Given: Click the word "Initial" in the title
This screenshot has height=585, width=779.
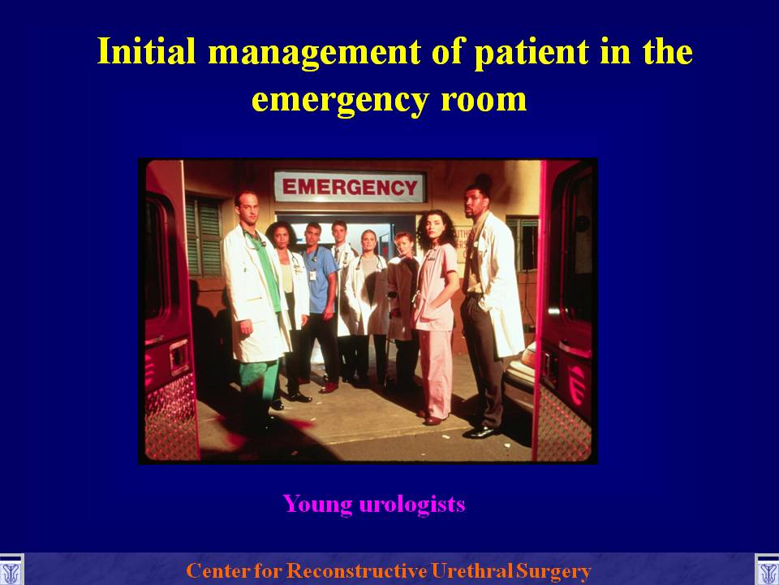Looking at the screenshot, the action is click(x=147, y=50).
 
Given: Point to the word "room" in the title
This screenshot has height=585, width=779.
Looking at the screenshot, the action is click(x=484, y=99).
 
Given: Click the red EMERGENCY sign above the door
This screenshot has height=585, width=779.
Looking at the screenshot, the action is click(x=350, y=187).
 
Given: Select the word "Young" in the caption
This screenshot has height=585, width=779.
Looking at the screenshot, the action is click(x=317, y=505).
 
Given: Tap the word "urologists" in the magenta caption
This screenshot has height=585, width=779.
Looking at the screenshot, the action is click(x=412, y=504).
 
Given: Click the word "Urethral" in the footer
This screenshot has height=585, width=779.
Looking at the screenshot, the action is click(x=471, y=570).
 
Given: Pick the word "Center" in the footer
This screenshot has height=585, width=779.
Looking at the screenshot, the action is click(x=218, y=570).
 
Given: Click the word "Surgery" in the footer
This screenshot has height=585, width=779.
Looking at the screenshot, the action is click(x=553, y=571).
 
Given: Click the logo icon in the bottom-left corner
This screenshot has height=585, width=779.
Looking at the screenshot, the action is click(x=11, y=570).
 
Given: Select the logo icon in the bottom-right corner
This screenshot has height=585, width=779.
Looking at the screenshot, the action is click(x=767, y=570).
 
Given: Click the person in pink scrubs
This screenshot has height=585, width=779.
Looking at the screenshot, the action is click(x=435, y=318).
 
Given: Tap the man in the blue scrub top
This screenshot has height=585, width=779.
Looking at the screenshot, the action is click(x=321, y=303).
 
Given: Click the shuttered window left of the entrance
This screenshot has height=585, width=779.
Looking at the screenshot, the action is click(x=203, y=235).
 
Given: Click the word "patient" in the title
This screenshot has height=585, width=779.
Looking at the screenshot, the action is click(x=532, y=52).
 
